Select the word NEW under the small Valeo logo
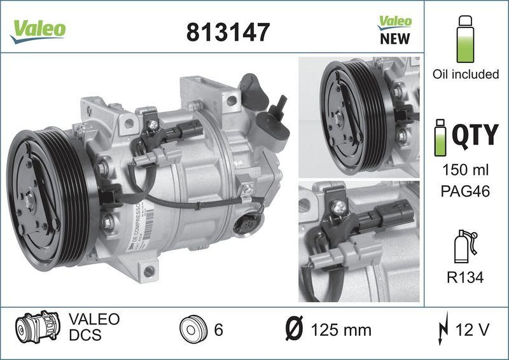[x=394, y=39]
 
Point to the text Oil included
[x=466, y=74]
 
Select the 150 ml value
[x=466, y=171]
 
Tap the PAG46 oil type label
[x=466, y=191]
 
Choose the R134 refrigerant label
[x=466, y=277]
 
